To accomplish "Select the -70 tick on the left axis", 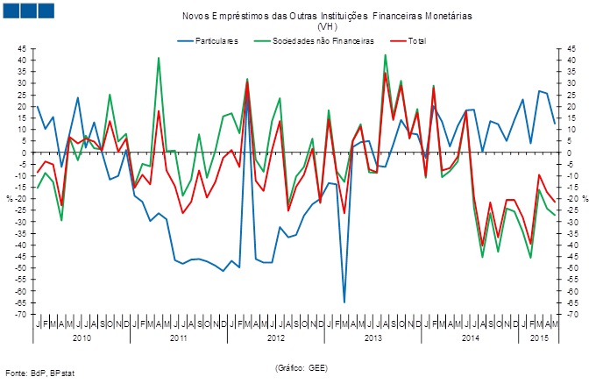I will (21, 314).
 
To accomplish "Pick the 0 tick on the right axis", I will (569, 153).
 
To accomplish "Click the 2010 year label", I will (82, 338).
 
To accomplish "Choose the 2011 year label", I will (178, 338).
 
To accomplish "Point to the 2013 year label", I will (373, 338).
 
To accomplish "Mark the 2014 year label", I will (470, 338).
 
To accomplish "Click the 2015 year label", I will (542, 338).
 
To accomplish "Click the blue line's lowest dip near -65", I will (344, 302).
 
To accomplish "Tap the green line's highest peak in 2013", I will (386, 55).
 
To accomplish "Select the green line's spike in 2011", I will (159, 58).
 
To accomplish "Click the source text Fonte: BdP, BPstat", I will (40, 373).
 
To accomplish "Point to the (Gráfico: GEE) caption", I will (301, 367).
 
